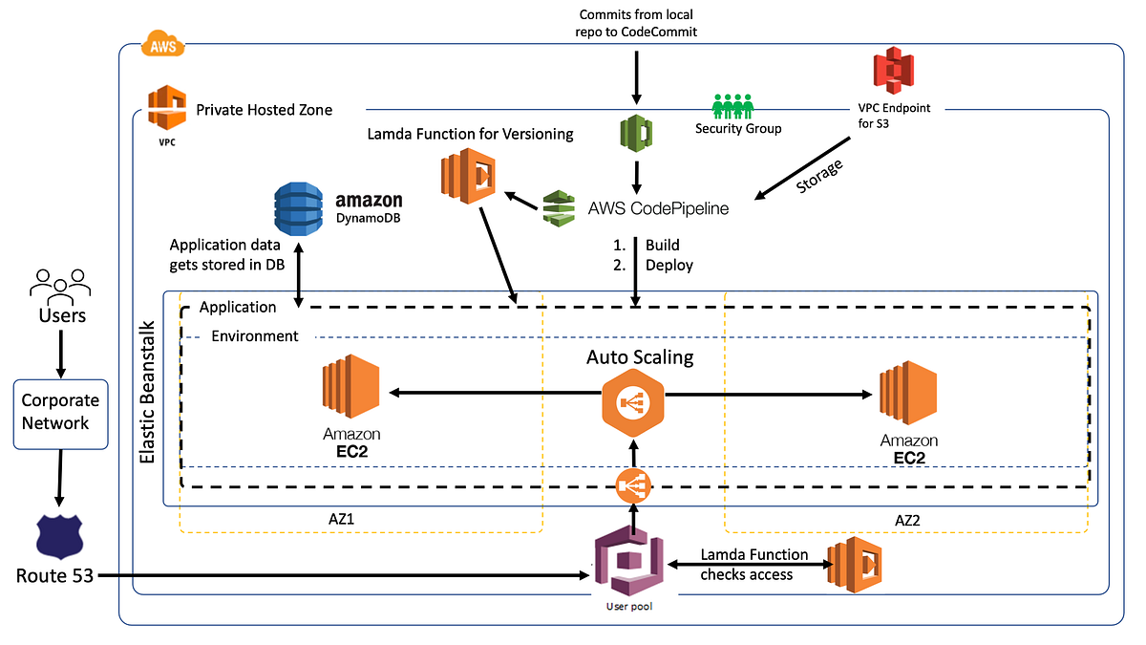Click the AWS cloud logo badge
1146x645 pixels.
(161, 43)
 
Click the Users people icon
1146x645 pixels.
(60, 282)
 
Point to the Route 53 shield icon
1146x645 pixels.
(59, 537)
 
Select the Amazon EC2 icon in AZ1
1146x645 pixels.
(350, 390)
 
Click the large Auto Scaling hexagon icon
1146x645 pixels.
(632, 402)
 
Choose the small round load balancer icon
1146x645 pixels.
(632, 487)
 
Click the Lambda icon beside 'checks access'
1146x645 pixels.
(853, 565)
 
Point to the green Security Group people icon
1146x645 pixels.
(732, 105)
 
